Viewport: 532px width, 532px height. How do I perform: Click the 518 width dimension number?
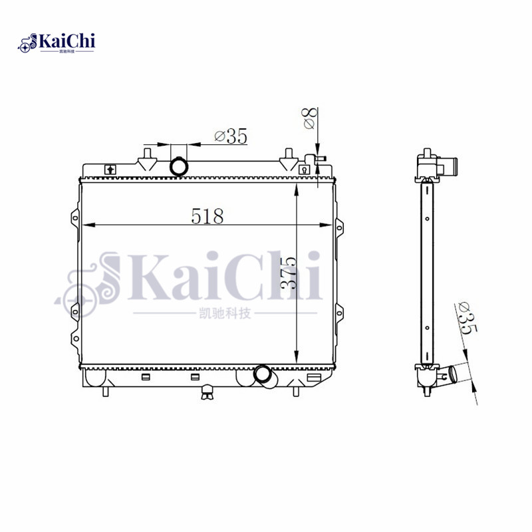(207, 216)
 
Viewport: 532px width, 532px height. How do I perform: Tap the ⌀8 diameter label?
(309, 120)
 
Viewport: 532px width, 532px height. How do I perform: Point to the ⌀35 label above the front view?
(231, 137)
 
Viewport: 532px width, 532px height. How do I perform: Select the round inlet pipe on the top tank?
(180, 166)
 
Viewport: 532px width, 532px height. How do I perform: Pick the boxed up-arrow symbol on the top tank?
(110, 170)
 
